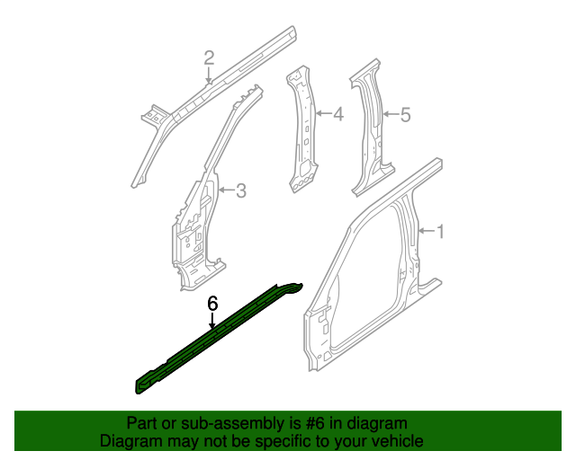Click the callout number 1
[441, 232]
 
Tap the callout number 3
[240, 190]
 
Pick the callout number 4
[337, 115]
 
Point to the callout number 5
[405, 115]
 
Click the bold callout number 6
[212, 304]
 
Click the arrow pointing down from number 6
[212, 323]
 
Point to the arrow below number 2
[209, 75]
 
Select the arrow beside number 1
[426, 232]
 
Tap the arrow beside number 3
[224, 190]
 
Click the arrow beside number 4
[323, 115]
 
